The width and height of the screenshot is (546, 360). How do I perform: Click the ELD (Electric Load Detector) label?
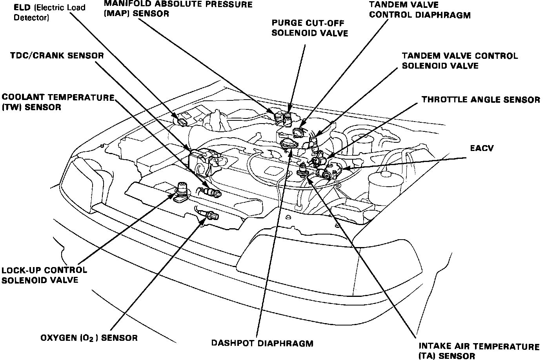pos(49,13)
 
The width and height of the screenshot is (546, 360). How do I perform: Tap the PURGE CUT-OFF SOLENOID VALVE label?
pos(309,28)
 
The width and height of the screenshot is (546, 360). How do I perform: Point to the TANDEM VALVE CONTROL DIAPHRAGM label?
pos(420,10)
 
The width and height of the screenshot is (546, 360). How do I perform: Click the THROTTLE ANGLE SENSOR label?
pos(480,100)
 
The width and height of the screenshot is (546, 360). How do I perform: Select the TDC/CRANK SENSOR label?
pos(57,55)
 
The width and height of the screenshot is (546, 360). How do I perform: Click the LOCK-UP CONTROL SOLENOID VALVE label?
pos(44,275)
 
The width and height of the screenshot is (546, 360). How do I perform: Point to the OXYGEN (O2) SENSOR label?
pos(89,338)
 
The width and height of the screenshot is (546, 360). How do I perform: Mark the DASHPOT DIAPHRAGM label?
pos(262,343)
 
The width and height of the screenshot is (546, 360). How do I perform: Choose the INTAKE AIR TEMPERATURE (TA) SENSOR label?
pos(479,351)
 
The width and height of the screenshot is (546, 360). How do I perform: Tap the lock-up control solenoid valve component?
pos(182,190)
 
